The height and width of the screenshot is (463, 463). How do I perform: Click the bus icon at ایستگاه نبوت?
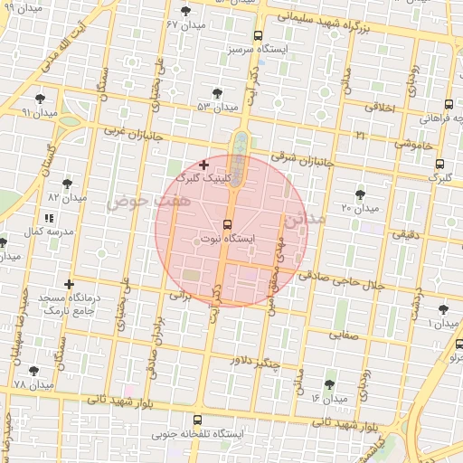(226, 223)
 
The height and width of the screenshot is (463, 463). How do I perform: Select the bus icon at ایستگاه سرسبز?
(259, 36)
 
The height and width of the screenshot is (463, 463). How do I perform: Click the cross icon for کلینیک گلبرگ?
(203, 165)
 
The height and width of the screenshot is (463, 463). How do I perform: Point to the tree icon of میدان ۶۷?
(186, 11)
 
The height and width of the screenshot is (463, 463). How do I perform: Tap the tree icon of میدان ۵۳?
(217, 92)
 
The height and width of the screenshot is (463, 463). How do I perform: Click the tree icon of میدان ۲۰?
(361, 194)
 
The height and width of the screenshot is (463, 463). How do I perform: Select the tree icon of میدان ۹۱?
(40, 99)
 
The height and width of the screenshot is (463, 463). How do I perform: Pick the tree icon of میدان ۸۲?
(67, 183)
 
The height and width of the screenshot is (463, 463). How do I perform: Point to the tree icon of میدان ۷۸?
(33, 371)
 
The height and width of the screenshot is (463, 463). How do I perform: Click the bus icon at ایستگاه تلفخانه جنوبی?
(199, 420)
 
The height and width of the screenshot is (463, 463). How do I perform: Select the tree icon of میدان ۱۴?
(329, 384)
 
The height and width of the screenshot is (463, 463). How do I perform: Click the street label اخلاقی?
(381, 108)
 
